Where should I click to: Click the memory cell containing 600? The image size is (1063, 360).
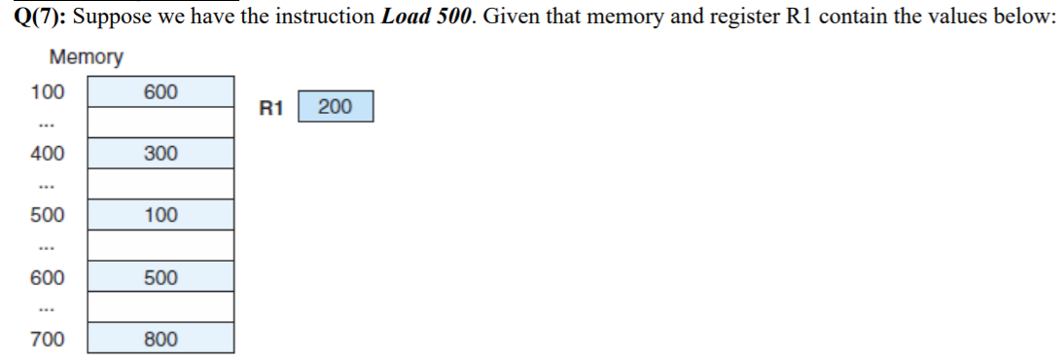coord(160,91)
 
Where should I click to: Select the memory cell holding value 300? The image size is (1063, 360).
coord(160,154)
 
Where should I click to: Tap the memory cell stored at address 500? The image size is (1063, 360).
coord(160,215)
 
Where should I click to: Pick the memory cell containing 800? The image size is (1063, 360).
coord(160,339)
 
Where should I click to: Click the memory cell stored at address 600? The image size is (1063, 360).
coord(160,277)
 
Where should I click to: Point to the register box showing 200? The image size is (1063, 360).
coord(335,107)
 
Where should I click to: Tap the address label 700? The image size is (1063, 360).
coord(47,340)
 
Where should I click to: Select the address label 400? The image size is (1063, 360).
coord(47,154)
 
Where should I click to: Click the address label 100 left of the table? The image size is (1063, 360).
coord(47,92)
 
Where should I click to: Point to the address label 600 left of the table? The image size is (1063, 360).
coord(47,277)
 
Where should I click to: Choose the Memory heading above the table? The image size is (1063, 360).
coord(86,57)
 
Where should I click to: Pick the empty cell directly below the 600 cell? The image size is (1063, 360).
coord(160,123)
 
